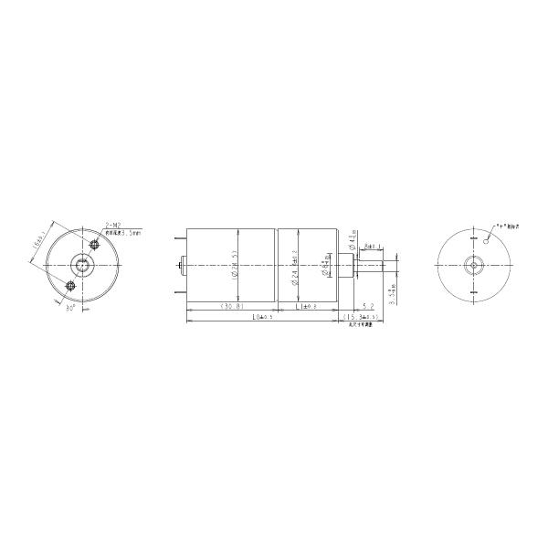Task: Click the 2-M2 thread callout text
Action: tap(114, 224)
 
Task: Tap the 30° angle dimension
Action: tap(70, 308)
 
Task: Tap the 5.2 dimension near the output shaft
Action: tap(367, 307)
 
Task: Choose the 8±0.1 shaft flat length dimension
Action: tap(374, 247)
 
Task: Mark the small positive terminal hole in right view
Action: tap(489, 239)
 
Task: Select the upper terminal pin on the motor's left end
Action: tap(178, 239)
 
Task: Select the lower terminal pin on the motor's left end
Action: tap(178, 290)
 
